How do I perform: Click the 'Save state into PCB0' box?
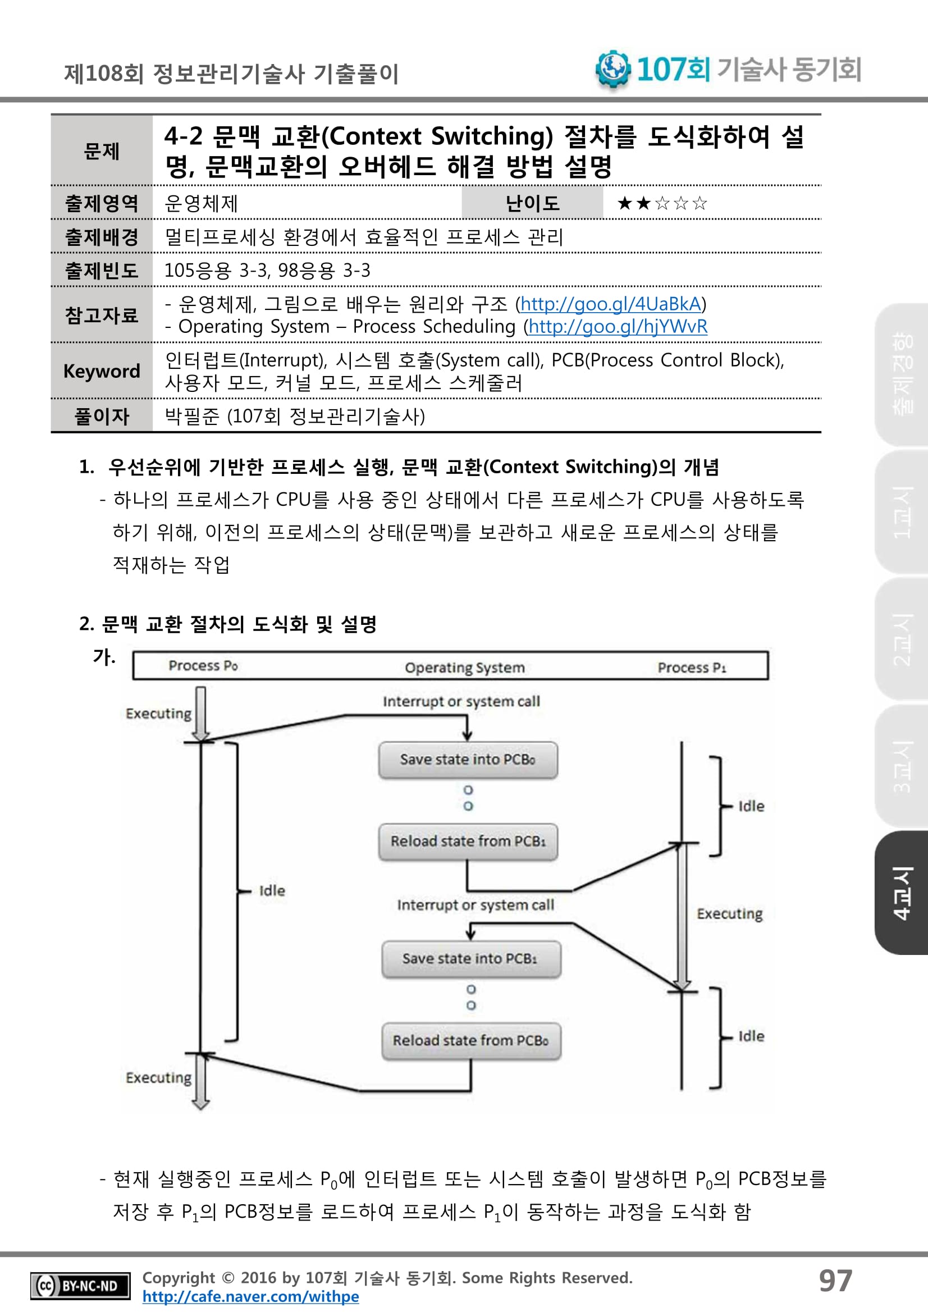point(468,760)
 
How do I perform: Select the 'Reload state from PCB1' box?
point(468,841)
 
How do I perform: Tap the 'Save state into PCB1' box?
point(471,959)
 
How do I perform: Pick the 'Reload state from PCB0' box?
point(471,1041)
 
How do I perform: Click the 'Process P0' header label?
point(203,666)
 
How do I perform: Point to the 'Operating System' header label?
point(465,668)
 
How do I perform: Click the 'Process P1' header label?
point(692,668)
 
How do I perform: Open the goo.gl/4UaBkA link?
point(610,304)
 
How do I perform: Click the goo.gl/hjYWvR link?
point(618,326)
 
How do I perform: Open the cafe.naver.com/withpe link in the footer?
point(250,1297)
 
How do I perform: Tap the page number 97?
point(835,1281)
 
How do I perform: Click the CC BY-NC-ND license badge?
point(80,1286)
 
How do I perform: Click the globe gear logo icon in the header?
point(612,68)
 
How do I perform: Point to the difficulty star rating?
point(662,203)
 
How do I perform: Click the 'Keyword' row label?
point(102,372)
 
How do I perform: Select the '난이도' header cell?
point(532,203)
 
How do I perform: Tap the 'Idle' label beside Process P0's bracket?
point(272,891)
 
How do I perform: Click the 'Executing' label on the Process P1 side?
point(729,914)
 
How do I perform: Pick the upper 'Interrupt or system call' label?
point(461,702)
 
